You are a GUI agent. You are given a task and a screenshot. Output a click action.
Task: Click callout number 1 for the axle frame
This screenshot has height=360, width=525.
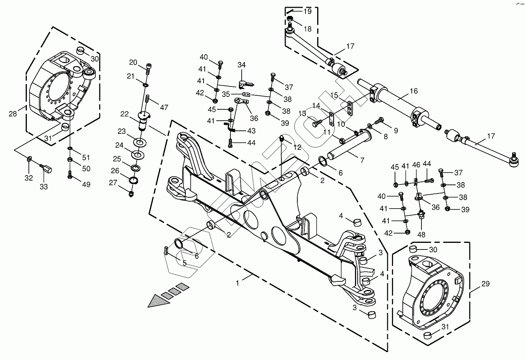coord(237,283)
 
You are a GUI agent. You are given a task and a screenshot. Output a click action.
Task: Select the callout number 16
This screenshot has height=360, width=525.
coord(414,91)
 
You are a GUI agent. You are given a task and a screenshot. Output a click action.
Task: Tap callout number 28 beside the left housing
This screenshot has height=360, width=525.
coord(13,114)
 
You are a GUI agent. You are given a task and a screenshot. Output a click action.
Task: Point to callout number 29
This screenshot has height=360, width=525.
coord(486,284)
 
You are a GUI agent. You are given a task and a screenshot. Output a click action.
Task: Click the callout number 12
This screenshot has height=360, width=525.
coord(297,148)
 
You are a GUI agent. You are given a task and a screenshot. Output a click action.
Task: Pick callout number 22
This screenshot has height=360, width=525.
coord(125,114)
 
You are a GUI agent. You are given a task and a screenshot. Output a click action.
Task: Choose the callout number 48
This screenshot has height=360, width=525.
coord(421,235)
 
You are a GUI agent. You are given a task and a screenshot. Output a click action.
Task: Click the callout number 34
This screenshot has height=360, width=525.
coord(241,65)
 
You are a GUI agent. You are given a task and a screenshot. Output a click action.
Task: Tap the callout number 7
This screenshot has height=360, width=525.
coord(362,160)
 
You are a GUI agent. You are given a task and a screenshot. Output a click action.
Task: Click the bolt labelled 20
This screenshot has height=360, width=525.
coord(148,69)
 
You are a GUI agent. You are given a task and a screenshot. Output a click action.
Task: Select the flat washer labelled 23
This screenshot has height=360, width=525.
coord(140,142)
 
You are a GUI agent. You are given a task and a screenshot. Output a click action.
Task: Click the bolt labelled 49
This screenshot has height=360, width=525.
coord(70,174)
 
